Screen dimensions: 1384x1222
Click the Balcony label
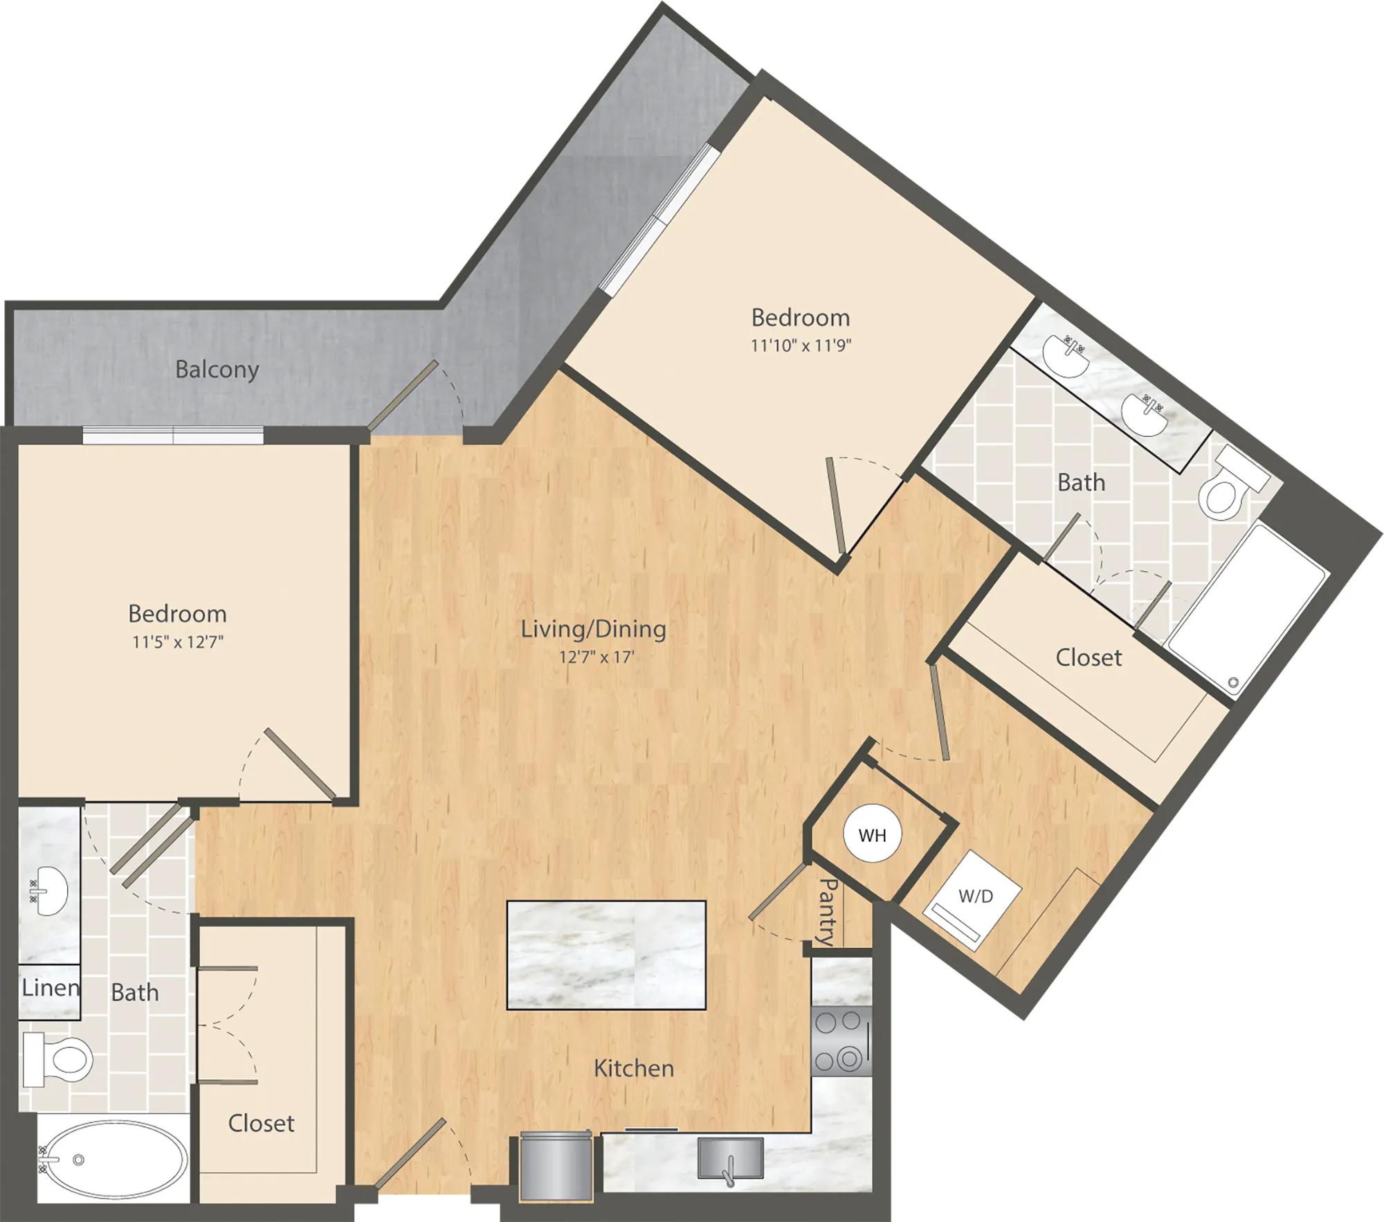(217, 370)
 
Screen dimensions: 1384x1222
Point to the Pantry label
(828, 911)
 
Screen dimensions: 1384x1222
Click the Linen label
(51, 987)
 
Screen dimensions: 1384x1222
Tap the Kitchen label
(634, 1068)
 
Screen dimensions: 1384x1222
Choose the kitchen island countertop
(606, 955)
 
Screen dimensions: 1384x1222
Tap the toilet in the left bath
(58, 1059)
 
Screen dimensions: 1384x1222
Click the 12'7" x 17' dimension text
(597, 656)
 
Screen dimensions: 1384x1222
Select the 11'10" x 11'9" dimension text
(801, 345)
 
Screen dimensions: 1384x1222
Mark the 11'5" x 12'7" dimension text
(178, 642)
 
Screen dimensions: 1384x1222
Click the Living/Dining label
(593, 629)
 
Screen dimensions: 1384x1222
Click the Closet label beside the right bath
(1089, 657)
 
